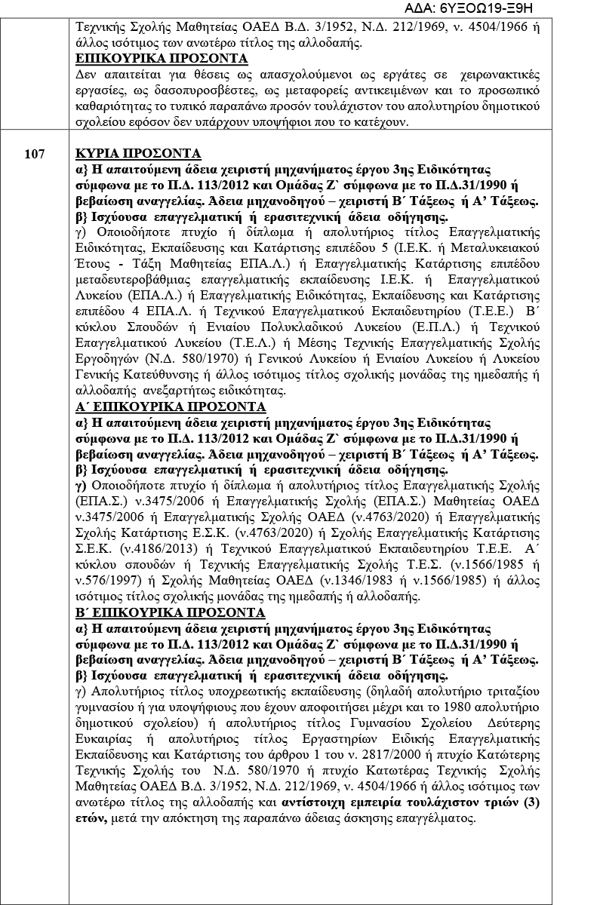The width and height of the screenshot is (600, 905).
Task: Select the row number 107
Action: coord(34,153)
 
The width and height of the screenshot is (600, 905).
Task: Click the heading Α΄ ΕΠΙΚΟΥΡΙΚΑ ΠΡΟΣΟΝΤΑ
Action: coord(171,406)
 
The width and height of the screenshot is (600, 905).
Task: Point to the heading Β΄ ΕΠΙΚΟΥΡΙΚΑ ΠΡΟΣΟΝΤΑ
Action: coord(171,613)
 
